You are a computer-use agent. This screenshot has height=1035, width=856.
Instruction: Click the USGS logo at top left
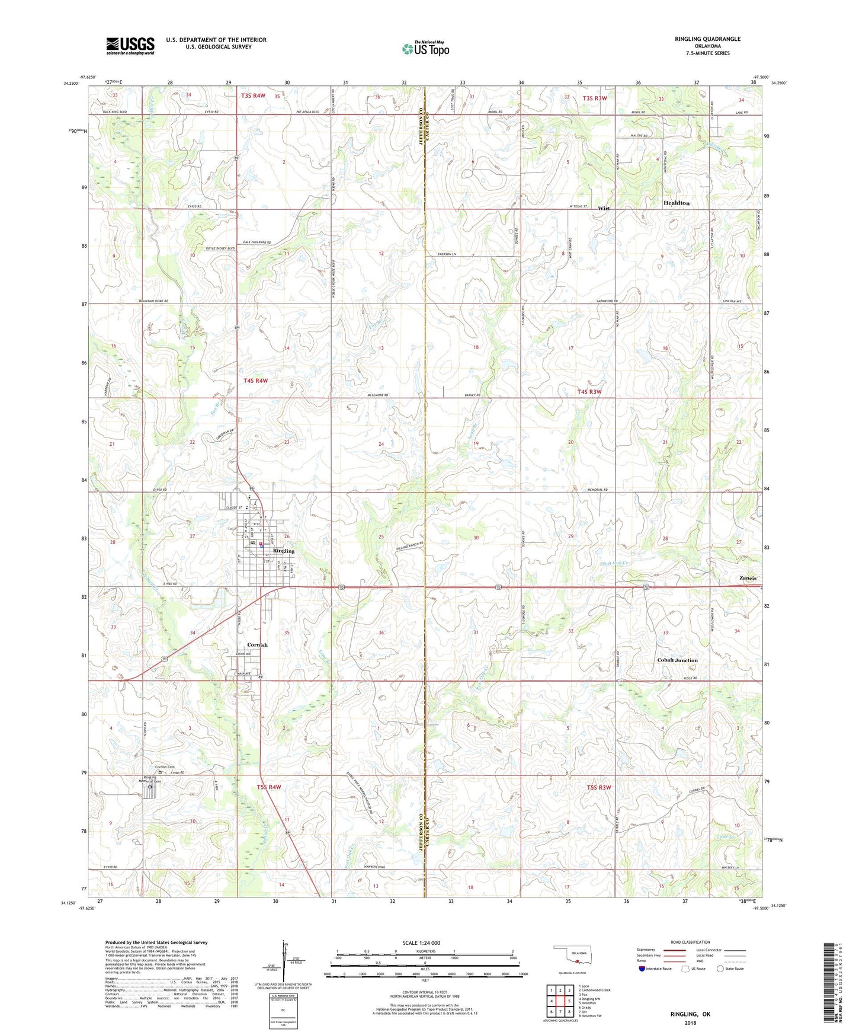pyautogui.click(x=130, y=46)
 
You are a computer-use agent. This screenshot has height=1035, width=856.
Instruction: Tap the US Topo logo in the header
pyautogui.click(x=425, y=49)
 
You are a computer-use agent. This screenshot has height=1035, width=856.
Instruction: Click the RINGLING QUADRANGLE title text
pyautogui.click(x=707, y=39)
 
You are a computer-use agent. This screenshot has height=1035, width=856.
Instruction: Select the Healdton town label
pyautogui.click(x=676, y=203)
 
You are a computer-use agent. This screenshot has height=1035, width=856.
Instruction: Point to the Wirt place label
pyautogui.click(x=604, y=208)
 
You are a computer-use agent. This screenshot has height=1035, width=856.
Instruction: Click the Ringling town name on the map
pyautogui.click(x=284, y=551)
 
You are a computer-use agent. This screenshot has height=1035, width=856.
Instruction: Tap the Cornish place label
pyautogui.click(x=257, y=645)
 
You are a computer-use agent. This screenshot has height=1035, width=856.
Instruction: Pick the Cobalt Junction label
pyautogui.click(x=677, y=660)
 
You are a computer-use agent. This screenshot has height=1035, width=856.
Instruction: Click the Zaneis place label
pyautogui.click(x=748, y=578)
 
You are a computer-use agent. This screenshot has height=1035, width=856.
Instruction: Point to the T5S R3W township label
pyautogui.click(x=598, y=787)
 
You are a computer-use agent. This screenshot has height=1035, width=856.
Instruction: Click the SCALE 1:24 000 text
pyautogui.click(x=421, y=943)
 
